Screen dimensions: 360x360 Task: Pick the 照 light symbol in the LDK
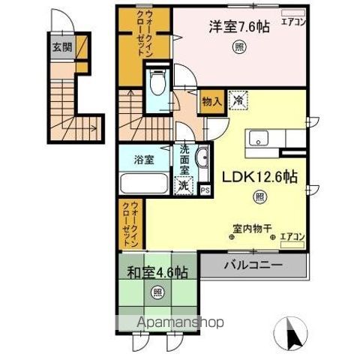[x=259, y=198]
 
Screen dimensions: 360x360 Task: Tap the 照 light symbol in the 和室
[x=158, y=292]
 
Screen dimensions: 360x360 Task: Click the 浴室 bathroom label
[x=144, y=159]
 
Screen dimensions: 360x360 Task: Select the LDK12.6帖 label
[x=259, y=178]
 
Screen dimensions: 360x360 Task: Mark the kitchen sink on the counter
[x=261, y=138]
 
